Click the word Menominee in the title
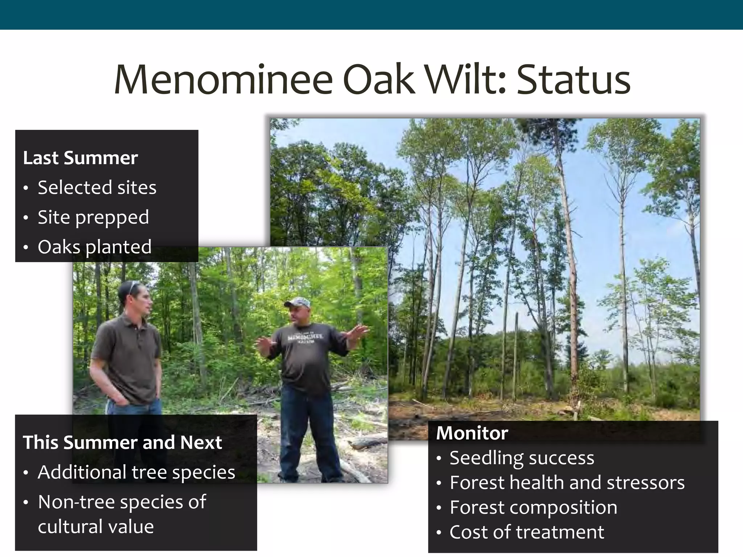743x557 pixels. coord(223,80)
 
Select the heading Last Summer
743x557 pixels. coord(80,158)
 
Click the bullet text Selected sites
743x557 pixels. coord(97,188)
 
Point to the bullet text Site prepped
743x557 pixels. coord(93,218)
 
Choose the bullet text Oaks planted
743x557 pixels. coord(94,247)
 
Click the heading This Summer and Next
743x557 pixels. coord(122,443)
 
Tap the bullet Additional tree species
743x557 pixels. coord(136,473)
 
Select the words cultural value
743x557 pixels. coord(96,527)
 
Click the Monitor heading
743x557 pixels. coord(472,433)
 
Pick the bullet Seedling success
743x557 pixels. coord(522,458)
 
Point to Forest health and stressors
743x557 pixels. coord(567,483)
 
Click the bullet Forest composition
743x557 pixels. coord(533,508)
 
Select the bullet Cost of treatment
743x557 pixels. coord(527,532)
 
